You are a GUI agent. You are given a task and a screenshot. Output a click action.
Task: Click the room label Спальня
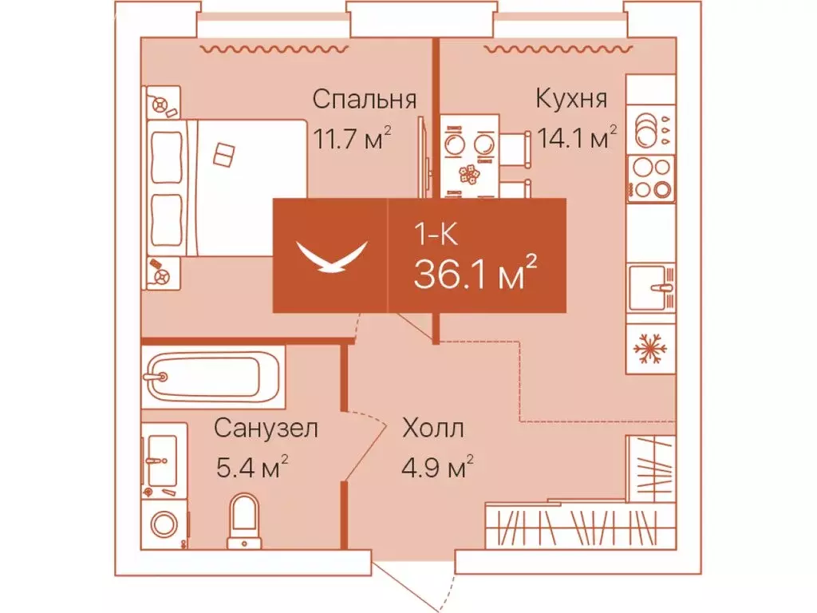364,100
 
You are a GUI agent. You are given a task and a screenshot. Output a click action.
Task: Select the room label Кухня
571,100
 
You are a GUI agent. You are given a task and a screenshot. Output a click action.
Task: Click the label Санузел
266,429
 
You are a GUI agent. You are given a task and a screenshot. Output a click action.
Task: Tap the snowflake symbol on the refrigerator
651,349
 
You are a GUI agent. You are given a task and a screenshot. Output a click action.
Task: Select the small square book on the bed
224,153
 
